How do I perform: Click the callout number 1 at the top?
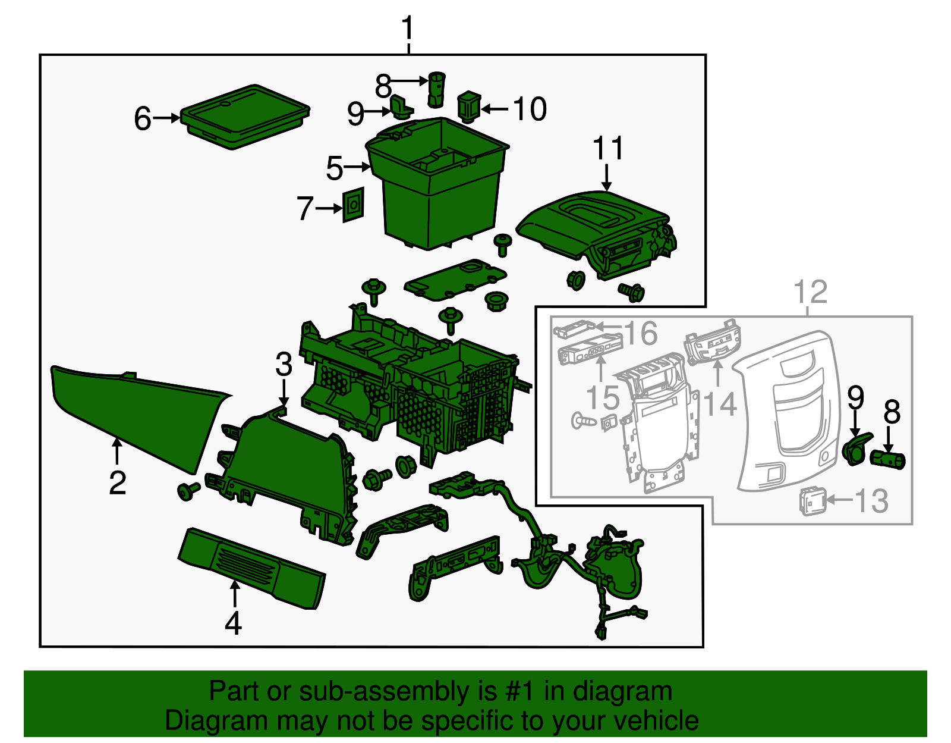[408, 29]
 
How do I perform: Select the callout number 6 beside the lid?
[143, 118]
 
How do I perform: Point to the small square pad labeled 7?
[353, 205]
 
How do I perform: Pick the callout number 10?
[530, 109]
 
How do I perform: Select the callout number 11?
[608, 148]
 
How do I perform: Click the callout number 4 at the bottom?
[234, 623]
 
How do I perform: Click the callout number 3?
[284, 364]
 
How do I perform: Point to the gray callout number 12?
[811, 292]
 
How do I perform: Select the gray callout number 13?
[871, 501]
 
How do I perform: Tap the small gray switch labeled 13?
[811, 501]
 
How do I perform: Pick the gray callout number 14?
[720, 404]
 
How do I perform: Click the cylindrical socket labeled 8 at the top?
[437, 89]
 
